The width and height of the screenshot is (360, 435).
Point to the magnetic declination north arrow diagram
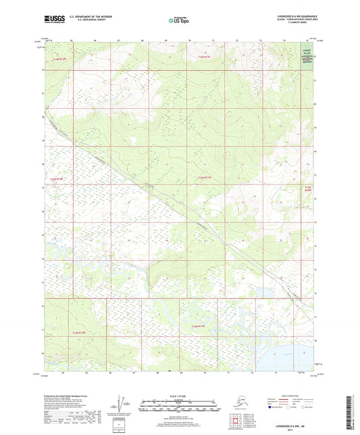[120, 405]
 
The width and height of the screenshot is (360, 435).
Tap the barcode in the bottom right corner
[349, 409]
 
